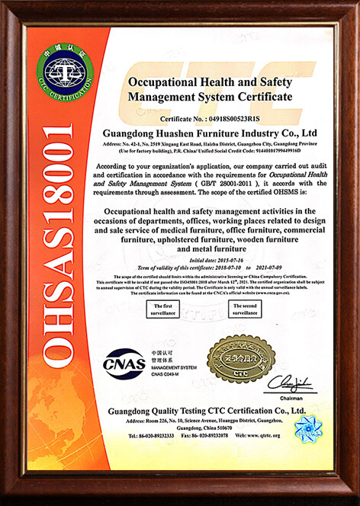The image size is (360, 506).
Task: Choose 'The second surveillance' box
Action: pyautogui.click(x=246, y=309)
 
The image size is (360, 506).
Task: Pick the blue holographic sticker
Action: pyautogui.click(x=308, y=430)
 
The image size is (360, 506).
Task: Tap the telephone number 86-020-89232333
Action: pyautogui.click(x=153, y=435)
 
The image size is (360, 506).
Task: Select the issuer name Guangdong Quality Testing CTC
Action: pyautogui.click(x=200, y=411)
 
